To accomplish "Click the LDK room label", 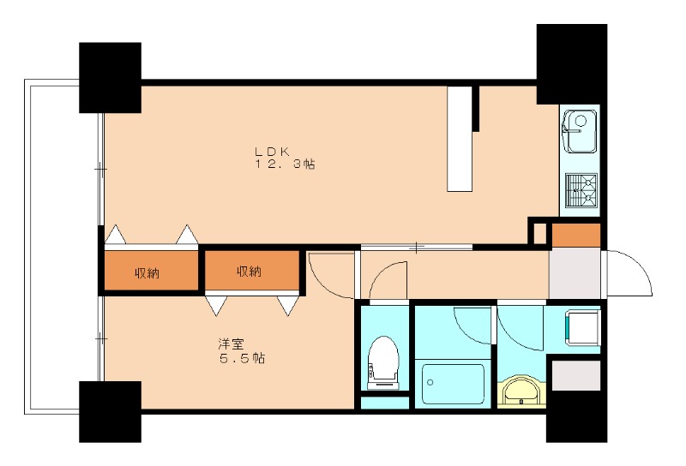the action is [x=272, y=152].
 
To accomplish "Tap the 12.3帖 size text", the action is [x=286, y=164].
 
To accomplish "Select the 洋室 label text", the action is [x=231, y=344].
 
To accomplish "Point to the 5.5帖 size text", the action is [x=241, y=358].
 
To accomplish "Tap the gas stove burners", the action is [x=581, y=190].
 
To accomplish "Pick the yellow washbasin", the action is [x=521, y=391].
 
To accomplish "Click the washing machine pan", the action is [x=583, y=328].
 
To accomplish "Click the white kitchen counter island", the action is [x=460, y=139].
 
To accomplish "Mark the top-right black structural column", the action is [x=571, y=64].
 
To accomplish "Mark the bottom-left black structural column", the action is [x=110, y=411].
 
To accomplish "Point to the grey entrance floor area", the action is [x=575, y=272].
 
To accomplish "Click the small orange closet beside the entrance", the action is [x=575, y=235].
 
